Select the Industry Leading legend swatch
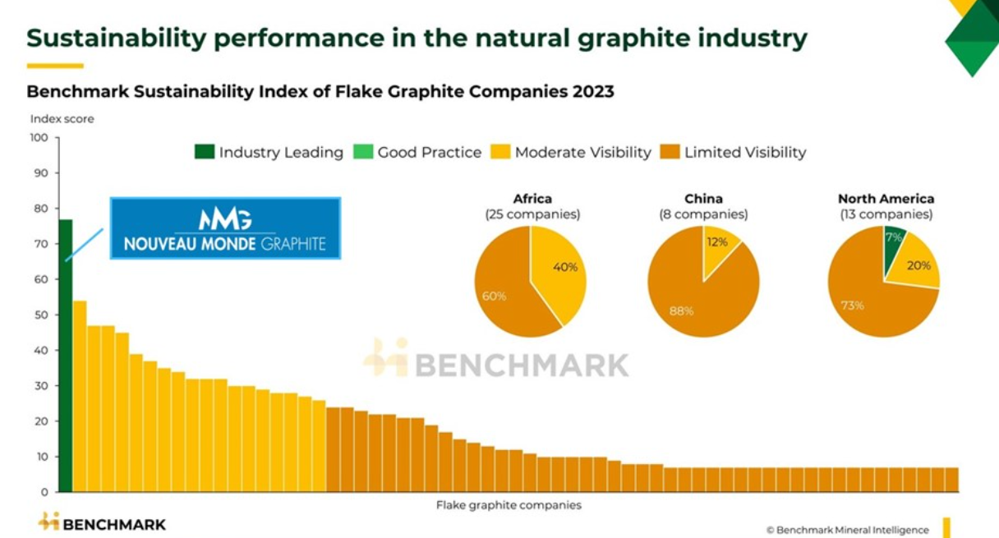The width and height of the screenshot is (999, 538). pos(204,152)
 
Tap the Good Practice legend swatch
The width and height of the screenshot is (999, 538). pos(362,152)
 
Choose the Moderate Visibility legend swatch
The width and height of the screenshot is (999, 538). pos(499,152)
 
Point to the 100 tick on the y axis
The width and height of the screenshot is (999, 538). pos(39,137)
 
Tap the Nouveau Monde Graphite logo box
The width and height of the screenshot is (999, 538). pos(225,228)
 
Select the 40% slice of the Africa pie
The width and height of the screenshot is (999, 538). pos(559,271)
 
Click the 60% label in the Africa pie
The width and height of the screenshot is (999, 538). pos(494,296)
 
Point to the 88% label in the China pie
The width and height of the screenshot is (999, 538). pos(682,310)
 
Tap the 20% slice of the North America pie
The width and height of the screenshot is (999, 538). pos(916,264)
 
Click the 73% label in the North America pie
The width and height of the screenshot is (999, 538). pos(852,306)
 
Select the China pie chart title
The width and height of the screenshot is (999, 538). pos(703,199)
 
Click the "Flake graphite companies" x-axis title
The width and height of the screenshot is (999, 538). pos(509,505)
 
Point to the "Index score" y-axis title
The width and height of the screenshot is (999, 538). pos(62,119)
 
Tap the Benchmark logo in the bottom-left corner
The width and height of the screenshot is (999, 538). pos(102,523)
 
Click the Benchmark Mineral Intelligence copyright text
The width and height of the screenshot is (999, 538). pos(847,530)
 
